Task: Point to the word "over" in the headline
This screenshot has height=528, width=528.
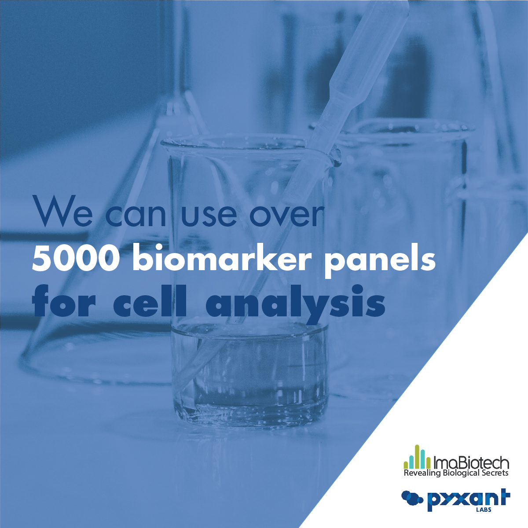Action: [x=286, y=214]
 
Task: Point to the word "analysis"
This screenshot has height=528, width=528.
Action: [x=295, y=304]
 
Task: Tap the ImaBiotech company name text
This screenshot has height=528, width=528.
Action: [x=471, y=463]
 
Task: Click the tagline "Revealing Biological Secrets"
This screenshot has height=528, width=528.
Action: [x=456, y=473]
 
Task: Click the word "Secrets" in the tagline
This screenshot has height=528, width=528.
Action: [x=495, y=473]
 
